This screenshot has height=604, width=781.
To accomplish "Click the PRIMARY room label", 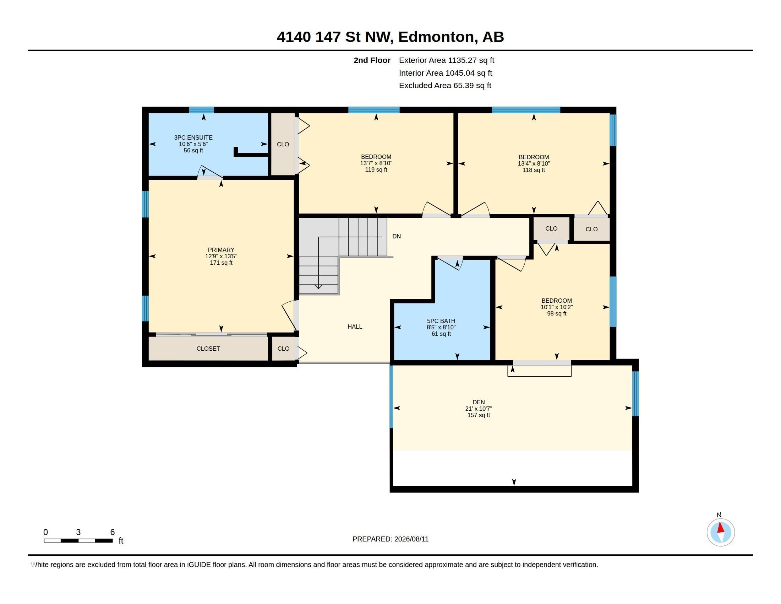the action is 221,250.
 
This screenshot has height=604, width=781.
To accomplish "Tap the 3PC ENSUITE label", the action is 193,137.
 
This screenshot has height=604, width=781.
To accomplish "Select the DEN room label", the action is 479,402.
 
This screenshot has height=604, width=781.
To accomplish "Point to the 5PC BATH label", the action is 441,321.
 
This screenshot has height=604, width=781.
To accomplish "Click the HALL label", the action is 355,327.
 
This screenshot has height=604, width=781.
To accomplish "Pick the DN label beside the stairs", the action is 397,237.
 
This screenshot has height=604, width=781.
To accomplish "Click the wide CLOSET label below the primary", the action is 208,349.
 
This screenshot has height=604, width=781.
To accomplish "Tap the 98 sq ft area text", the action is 556,314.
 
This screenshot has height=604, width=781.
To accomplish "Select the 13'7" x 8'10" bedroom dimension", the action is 376,163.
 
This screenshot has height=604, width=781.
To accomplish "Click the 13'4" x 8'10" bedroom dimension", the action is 534,163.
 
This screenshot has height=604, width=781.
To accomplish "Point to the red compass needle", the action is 721,528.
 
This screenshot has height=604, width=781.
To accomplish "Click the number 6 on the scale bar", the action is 112,532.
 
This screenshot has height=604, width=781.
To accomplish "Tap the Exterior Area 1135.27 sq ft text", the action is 446,60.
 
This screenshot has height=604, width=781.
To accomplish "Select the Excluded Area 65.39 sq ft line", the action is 445,86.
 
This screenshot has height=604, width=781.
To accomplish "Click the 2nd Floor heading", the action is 372,60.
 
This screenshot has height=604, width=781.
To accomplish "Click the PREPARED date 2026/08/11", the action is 411,539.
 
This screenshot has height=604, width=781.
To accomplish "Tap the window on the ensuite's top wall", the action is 201,110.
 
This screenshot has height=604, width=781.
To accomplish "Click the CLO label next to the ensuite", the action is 283,144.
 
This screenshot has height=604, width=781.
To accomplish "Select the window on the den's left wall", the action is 391,397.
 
